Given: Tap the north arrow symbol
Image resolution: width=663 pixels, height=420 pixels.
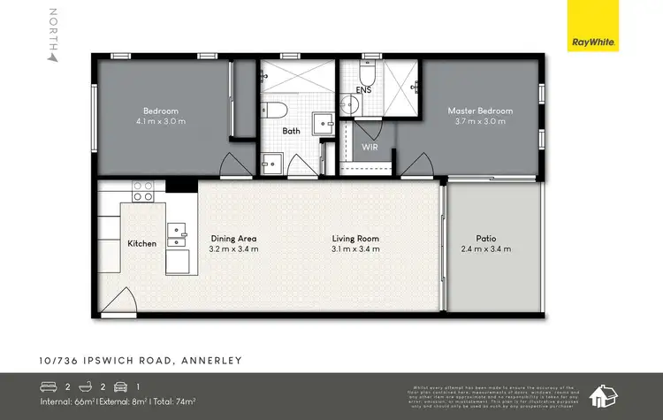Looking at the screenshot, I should click(x=53, y=57).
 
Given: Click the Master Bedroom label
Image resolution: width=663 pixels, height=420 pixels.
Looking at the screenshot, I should click(x=480, y=111).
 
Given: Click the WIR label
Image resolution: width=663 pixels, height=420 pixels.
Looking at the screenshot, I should click(x=370, y=147).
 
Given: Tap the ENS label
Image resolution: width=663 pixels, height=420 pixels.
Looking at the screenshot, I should click(x=364, y=89).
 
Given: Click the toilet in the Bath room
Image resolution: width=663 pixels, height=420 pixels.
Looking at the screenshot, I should click(x=275, y=111).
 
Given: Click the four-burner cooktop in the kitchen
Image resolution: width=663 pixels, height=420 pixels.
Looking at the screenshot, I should click(x=143, y=191).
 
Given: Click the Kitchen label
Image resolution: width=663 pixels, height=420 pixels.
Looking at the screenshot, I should click(x=141, y=243).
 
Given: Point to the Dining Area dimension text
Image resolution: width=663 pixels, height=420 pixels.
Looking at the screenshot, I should click(x=233, y=249).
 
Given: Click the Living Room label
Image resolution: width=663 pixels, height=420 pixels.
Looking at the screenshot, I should click(x=355, y=238).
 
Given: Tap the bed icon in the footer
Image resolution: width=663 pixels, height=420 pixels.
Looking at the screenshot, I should click(x=49, y=386).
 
